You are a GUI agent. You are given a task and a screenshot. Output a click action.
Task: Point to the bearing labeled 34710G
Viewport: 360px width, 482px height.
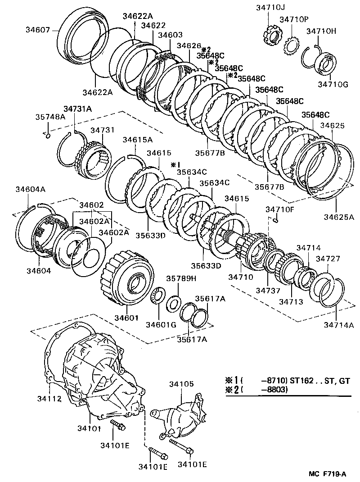pyautogui.click(x=324, y=64)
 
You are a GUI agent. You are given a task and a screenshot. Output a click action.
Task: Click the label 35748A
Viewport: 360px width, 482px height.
pyautogui.click(x=50, y=117)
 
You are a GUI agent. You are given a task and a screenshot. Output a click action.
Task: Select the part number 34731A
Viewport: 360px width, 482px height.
pyautogui.click(x=77, y=109)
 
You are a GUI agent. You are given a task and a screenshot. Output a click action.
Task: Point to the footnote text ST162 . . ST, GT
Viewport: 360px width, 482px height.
pyautogui.click(x=320, y=381)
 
